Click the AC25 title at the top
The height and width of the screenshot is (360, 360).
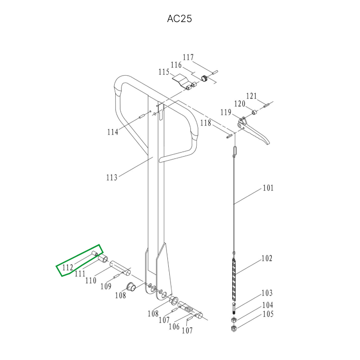(179, 19)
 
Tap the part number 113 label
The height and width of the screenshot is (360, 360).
(112, 177)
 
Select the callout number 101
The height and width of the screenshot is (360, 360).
(268, 188)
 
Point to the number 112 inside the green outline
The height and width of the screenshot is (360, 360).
(68, 267)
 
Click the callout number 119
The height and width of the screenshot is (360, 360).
(226, 112)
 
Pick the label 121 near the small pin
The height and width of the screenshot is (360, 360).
(252, 96)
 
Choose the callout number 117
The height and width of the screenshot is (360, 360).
(188, 57)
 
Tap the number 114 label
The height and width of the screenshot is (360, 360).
(113, 132)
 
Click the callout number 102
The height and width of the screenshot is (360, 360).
(267, 258)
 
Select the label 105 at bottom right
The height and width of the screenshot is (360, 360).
(268, 314)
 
